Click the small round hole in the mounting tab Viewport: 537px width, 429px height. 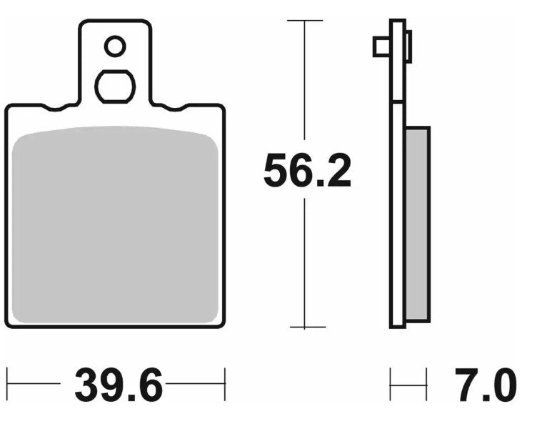tap(115, 47)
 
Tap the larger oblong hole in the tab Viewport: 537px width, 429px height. tap(115, 87)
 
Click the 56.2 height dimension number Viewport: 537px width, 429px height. tap(307, 172)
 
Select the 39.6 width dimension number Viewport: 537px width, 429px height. tap(119, 387)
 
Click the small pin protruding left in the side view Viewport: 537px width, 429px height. tap(381, 47)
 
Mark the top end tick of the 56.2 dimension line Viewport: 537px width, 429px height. tap(306, 21)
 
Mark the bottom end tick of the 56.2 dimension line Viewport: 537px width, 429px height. tap(306, 327)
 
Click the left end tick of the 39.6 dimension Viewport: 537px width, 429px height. tap(8, 385)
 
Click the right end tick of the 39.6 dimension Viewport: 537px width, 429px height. tap(225, 385)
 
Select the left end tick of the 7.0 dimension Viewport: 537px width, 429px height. tap(391, 385)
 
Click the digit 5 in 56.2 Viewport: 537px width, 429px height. tap(276, 172)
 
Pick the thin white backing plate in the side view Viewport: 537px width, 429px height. tap(398, 214)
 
